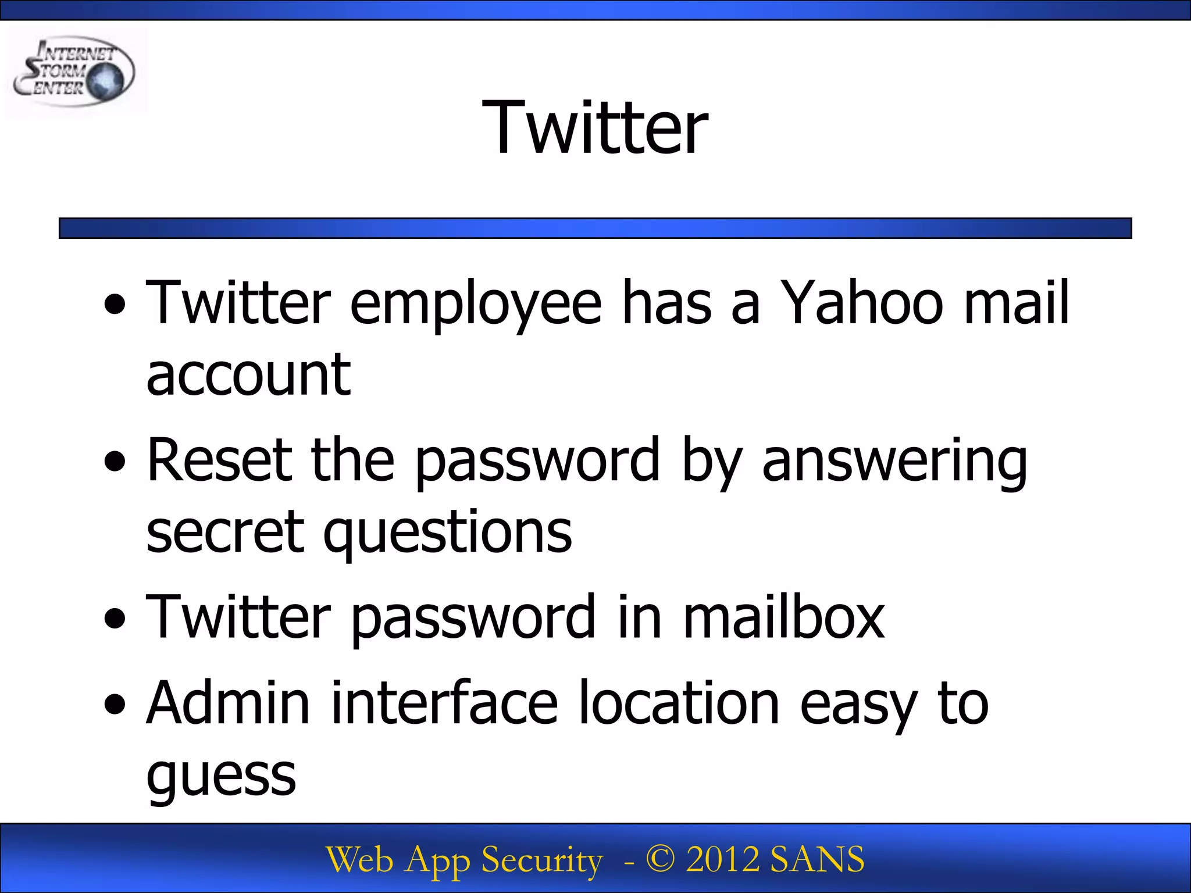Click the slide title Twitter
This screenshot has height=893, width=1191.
[x=595, y=127]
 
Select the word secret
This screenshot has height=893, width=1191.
[x=225, y=532]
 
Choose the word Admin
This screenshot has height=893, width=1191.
[x=228, y=703]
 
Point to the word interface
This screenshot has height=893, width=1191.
[x=444, y=703]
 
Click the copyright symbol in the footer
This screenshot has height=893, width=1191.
[x=661, y=859]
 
